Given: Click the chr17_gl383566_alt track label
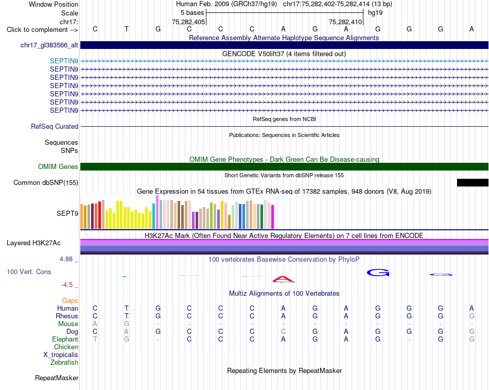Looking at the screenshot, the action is coord(49,45).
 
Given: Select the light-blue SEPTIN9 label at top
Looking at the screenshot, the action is coord(64,61).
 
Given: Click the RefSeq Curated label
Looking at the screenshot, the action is coord(55,126).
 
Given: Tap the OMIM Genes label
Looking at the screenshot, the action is coord(58,167).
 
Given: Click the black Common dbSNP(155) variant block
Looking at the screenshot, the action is coord(473,183).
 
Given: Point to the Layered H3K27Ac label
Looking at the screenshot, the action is coord(33,243).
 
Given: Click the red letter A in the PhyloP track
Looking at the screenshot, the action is coord(283,279).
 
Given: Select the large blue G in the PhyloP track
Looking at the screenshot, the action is coord(378,273).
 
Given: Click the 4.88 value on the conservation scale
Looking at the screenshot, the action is coord(66,259).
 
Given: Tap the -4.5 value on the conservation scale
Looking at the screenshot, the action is coord(67,285).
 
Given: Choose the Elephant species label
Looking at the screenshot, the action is coord(65,340).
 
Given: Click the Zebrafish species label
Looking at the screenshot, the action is coord(64,363).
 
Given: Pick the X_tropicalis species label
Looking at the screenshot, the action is coord(61,355).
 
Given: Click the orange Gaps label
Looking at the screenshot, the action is coord(70,301).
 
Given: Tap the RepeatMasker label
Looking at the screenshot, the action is coord(57,378).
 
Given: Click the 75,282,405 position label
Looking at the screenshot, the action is coord(188,22).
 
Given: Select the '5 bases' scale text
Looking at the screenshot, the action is coord(192,13).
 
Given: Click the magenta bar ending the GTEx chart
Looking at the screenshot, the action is coord(273,217).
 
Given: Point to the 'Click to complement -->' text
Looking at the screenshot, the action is coord(42,30).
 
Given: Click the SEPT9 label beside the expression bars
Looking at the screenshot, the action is coord(67,214).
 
